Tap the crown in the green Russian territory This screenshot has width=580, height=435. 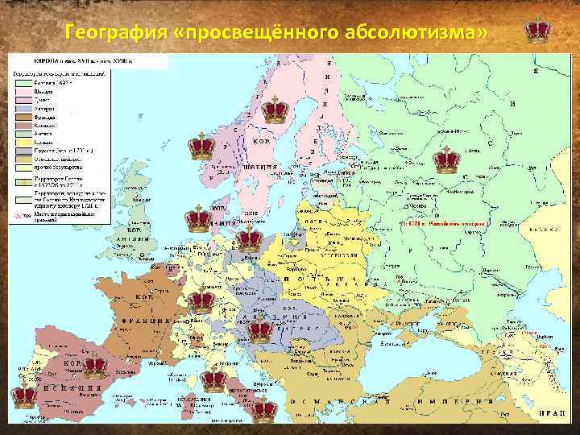(x=445, y=159)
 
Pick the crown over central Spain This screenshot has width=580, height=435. (x=95, y=365)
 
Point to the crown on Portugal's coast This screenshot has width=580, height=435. (x=23, y=396)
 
